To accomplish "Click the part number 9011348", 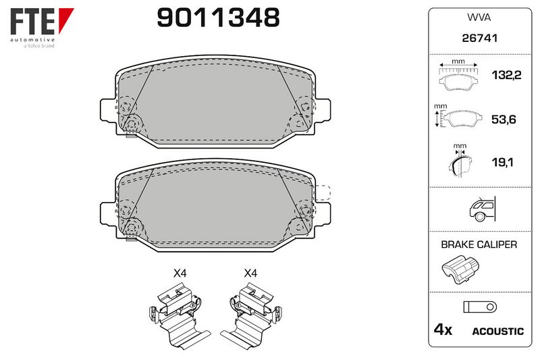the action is coord(218,18).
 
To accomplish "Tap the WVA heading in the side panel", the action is coord(479,18).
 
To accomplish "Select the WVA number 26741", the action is coord(480,38).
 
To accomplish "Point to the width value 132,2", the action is coord(506,75).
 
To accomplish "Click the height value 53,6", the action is coord(504,119).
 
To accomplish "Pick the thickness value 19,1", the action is coord(502,162).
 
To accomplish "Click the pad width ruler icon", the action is coord(458,75).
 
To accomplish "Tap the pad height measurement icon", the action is coord(458,115).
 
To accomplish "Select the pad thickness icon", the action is coord(460,161).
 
